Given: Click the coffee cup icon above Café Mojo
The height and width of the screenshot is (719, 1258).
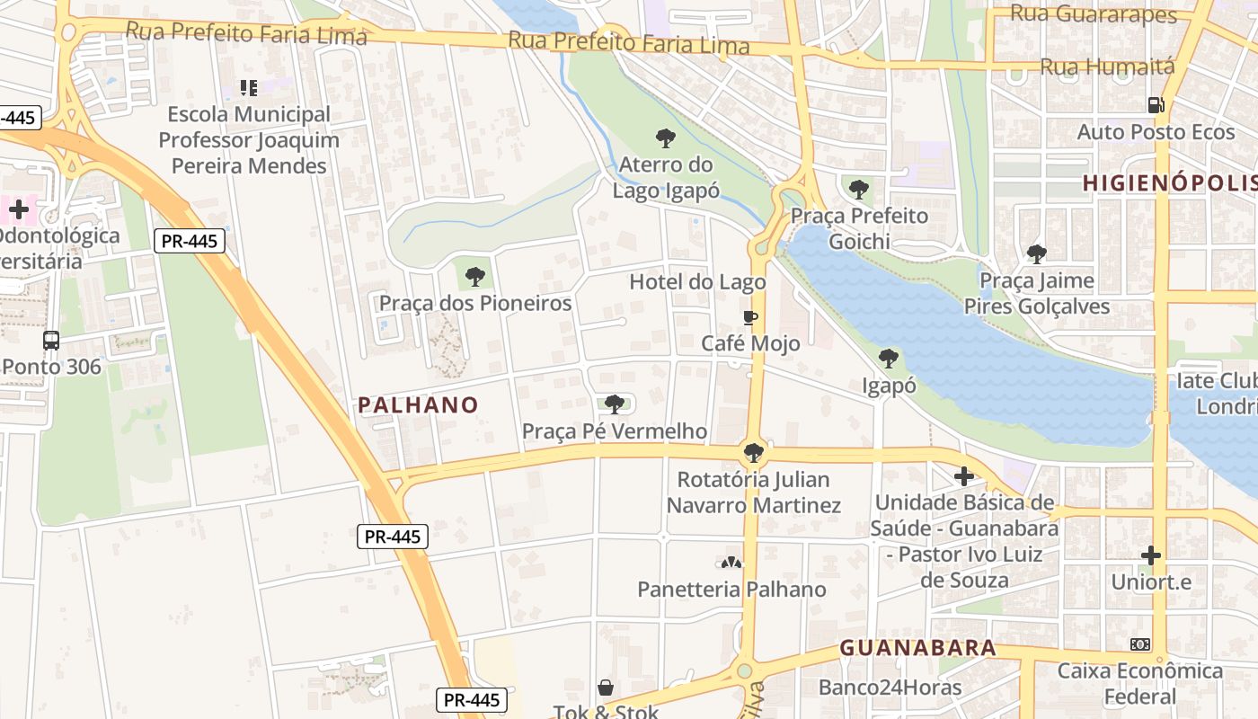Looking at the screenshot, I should coord(750,317).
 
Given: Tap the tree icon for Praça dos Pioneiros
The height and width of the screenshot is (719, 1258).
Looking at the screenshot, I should coord(475,277).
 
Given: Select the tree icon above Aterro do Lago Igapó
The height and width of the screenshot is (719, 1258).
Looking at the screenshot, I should coord(666,138).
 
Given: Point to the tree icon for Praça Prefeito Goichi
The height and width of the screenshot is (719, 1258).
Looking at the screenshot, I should coord(859,190).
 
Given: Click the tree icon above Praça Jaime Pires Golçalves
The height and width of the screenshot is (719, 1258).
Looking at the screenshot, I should coord(1037,254).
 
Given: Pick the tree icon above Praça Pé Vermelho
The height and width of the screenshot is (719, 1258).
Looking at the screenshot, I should coord(615,404).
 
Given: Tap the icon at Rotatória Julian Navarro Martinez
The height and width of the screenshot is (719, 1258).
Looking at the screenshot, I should coord(754,452).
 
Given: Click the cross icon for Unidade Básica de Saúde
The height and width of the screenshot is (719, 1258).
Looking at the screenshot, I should coord(964,475).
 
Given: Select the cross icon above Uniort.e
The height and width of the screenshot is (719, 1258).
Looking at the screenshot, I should coord(1151,555).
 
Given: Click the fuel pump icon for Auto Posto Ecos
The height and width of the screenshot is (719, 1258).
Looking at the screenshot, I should coord(1156,105).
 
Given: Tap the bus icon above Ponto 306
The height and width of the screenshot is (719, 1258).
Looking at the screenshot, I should coord(51,341).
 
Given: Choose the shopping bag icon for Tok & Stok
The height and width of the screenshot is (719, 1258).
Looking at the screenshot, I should coord(607,688).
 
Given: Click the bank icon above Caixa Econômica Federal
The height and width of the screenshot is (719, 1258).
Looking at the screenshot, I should coord(1140,644).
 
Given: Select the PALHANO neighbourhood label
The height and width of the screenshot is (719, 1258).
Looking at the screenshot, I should coord(419,405).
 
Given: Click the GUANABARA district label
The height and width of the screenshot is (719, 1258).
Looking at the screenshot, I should coord(918,648).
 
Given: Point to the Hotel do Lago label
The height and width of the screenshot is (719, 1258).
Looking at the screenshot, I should coord(697,282).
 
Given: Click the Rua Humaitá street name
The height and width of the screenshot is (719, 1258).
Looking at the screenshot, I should coord(1107,67).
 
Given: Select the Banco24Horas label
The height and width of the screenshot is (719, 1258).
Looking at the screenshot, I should coord(890,688).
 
